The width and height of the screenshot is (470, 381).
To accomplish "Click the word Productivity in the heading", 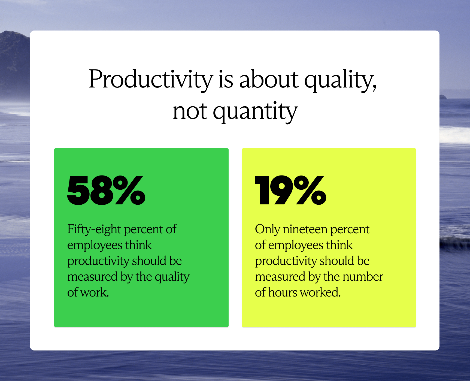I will tap(150, 79).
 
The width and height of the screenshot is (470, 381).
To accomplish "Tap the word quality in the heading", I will tap(340, 79).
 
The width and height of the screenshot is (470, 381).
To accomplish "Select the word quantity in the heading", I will tap(255, 111).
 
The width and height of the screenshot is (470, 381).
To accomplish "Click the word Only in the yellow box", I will tap(267, 229).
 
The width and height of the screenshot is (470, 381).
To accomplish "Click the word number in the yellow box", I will tap(363, 277).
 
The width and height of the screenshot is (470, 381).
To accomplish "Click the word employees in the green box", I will tap(95, 245).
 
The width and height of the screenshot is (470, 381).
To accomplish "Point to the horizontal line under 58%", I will tap(141, 215).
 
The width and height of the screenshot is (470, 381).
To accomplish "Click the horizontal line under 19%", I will tap(329, 215).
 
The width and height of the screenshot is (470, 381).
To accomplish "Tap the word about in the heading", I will tap(269, 79).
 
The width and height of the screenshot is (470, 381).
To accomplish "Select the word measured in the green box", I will tap(92, 277).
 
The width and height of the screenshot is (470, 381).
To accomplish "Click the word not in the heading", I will tap(190, 111).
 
